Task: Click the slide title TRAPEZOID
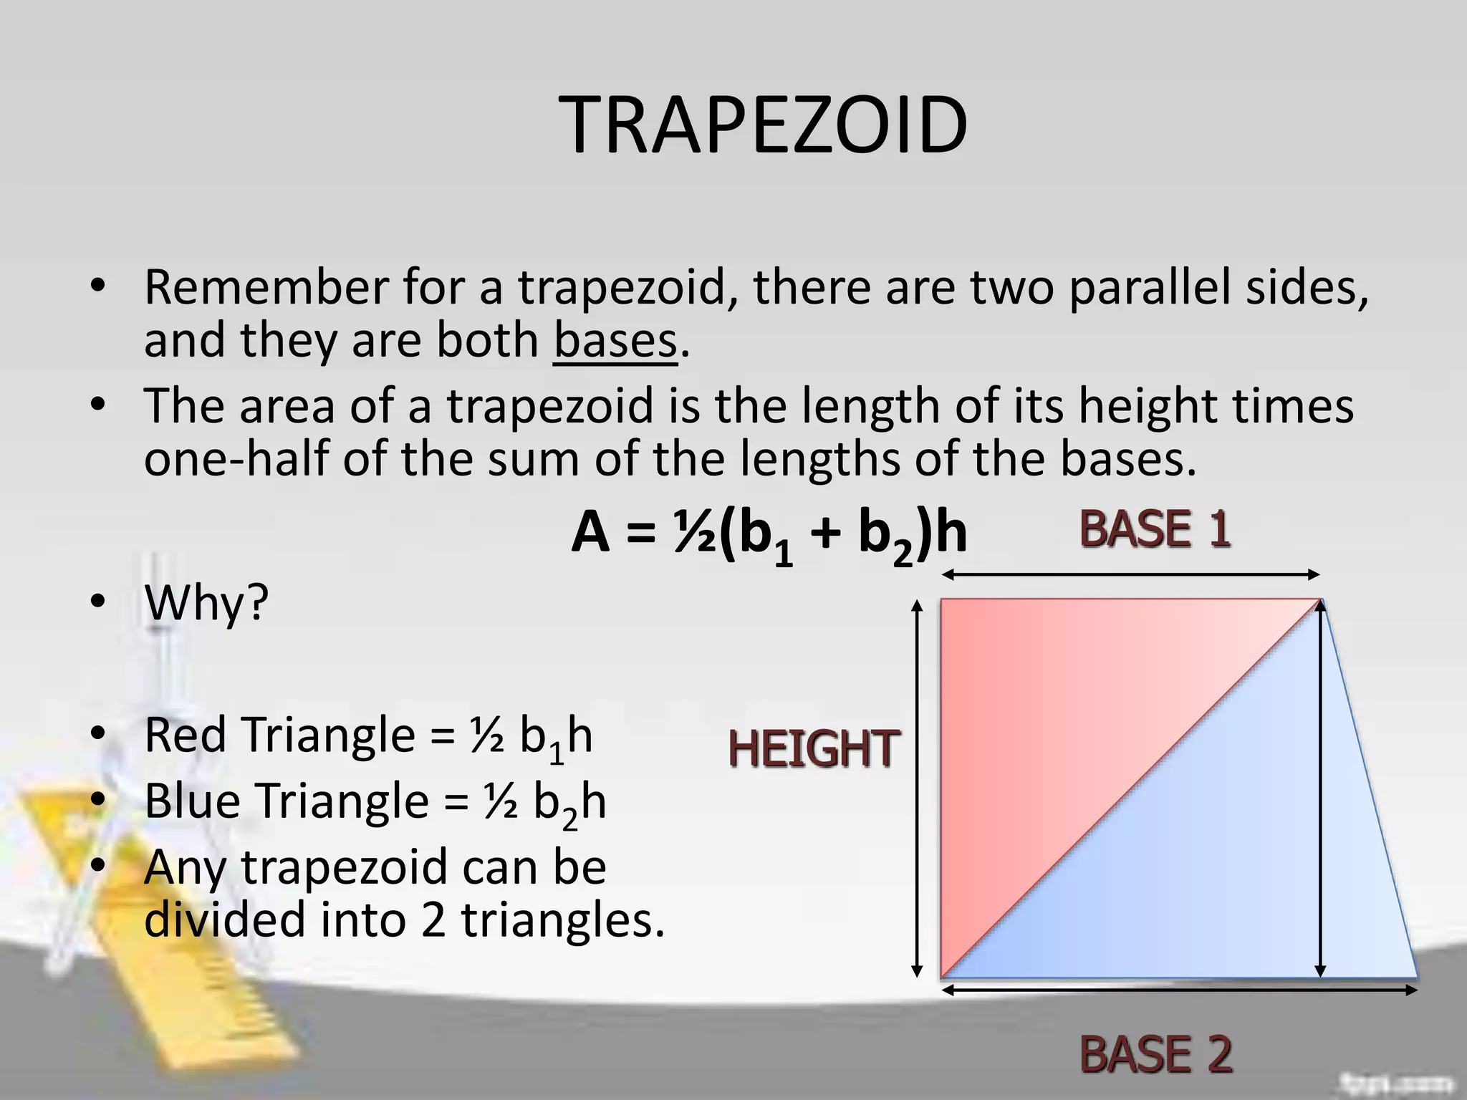[764, 126]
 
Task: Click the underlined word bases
[615, 341]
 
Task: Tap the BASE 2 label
[1155, 1053]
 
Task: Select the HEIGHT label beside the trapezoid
[813, 749]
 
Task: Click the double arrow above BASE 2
[1179, 990]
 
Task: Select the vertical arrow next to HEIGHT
[916, 788]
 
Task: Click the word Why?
[206, 603]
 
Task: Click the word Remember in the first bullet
[266, 286]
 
